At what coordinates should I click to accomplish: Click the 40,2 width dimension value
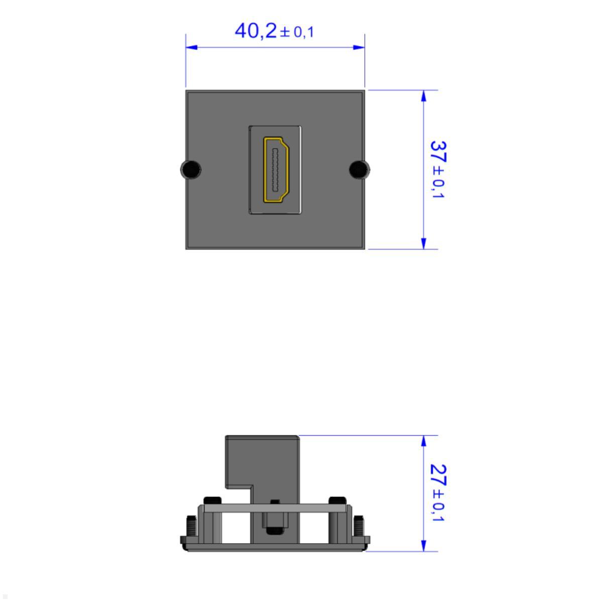255,31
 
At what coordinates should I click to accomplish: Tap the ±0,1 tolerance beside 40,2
297,32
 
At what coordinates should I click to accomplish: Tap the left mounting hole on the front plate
189,169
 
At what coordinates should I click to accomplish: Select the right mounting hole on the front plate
359,169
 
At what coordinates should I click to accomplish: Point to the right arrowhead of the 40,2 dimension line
359,47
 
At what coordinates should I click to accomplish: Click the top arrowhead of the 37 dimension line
424,96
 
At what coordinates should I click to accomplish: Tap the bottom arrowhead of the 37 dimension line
424,243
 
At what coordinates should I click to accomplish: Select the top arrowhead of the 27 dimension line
424,441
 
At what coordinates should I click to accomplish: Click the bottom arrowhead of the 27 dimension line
424,546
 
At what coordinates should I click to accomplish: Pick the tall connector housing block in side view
262,462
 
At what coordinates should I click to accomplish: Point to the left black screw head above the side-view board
213,500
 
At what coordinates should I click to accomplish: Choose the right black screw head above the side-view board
337,500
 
